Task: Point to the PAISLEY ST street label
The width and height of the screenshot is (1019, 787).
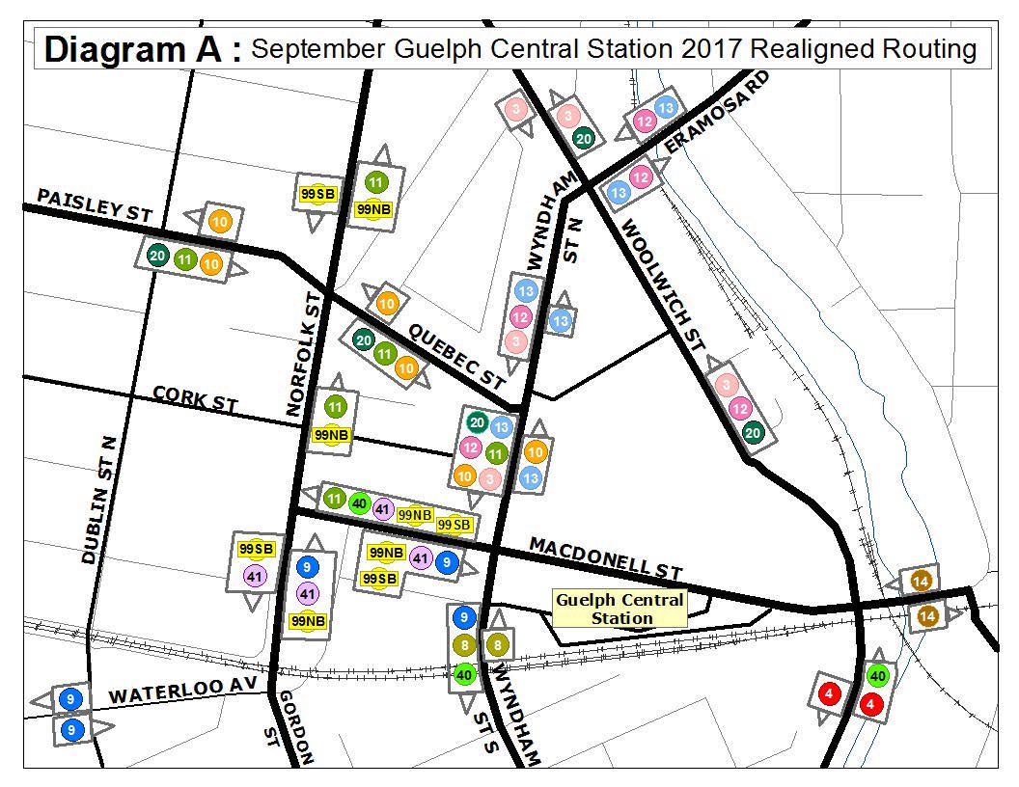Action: pyautogui.click(x=94, y=205)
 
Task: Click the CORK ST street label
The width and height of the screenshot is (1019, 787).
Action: pyautogui.click(x=194, y=399)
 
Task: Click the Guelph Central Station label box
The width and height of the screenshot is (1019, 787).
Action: pyautogui.click(x=620, y=609)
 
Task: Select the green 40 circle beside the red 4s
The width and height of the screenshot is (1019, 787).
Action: pyautogui.click(x=877, y=675)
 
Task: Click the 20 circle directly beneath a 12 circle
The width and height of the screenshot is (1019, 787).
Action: pyautogui.click(x=754, y=433)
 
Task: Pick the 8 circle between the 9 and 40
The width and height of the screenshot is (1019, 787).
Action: pyautogui.click(x=464, y=645)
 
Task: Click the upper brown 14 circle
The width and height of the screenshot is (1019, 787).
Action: pyautogui.click(x=920, y=581)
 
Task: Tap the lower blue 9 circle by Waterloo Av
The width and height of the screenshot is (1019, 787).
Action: pyautogui.click(x=71, y=730)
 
